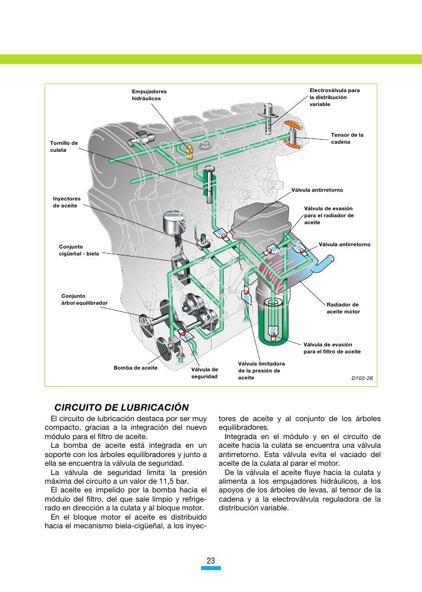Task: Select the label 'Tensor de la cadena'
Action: (347, 138)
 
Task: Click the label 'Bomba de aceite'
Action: (136, 368)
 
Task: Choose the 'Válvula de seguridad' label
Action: (205, 373)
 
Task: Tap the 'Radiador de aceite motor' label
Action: (343, 308)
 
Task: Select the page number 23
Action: (211, 560)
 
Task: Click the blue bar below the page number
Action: (211, 568)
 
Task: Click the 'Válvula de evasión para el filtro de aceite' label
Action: (332, 348)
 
